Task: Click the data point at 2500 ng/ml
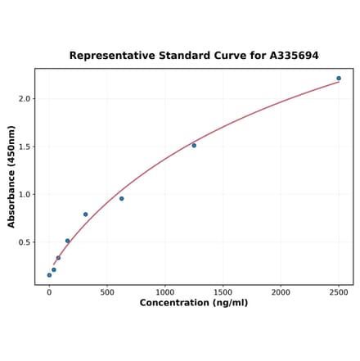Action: pos(339,79)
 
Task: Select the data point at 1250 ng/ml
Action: pos(194,146)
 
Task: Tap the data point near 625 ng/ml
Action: pos(122,198)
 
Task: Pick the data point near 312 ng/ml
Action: pos(85,214)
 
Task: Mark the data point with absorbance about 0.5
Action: pos(67,241)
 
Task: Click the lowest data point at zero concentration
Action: pos(49,275)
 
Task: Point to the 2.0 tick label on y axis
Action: pos(23,99)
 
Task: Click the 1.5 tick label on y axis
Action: pos(23,147)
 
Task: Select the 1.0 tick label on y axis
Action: pos(23,195)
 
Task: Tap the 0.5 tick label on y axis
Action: pos(23,243)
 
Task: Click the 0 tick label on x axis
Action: pos(49,291)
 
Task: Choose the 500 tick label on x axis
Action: pos(107,291)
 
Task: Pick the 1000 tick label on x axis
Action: pos(165,291)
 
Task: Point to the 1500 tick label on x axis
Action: pos(223,291)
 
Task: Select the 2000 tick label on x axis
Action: pos(281,291)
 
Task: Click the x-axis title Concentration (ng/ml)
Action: pos(194,303)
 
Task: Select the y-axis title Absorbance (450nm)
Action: pos(11,176)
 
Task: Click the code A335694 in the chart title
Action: pos(294,56)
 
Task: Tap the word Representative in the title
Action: pos(107,56)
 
